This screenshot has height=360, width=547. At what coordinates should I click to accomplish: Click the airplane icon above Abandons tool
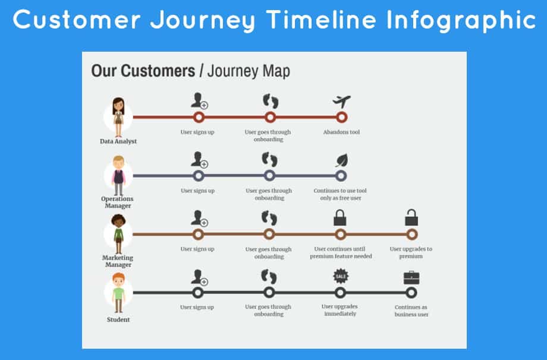[341, 101]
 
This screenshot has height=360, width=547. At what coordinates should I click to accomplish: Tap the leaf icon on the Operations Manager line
[341, 160]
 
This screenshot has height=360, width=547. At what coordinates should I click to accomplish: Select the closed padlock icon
[340, 217]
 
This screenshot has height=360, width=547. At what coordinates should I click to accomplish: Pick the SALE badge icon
[340, 276]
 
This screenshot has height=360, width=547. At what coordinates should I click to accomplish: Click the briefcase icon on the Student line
[411, 277]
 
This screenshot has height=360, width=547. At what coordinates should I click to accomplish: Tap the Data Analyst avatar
[118, 116]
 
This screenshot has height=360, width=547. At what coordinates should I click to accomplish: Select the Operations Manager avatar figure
[118, 175]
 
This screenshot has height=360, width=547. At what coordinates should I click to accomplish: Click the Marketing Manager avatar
[118, 233]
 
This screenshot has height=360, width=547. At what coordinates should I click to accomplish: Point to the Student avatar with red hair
[118, 293]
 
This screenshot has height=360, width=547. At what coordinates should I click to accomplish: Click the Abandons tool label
[341, 132]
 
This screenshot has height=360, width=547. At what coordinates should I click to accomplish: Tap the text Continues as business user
[411, 311]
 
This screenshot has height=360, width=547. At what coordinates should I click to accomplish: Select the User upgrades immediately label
[340, 310]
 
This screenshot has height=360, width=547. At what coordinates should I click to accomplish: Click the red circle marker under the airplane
[341, 117]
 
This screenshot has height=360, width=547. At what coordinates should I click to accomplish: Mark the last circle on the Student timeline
[411, 292]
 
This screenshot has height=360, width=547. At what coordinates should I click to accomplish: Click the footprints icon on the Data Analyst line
[271, 102]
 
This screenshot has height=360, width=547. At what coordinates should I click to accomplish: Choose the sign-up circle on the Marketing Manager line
[198, 234]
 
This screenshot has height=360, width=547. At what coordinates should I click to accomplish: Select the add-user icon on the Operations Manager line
[199, 160]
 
